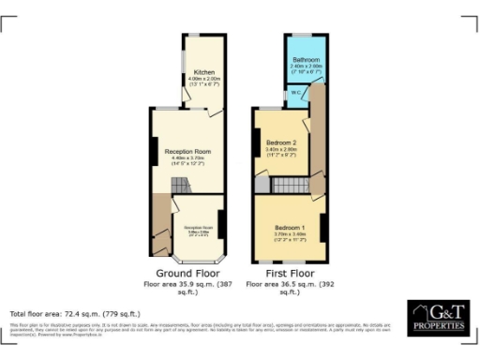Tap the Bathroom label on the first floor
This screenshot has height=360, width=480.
click(x=306, y=59)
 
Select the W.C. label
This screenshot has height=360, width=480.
click(x=295, y=92)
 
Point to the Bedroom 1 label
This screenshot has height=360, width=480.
click(x=290, y=228)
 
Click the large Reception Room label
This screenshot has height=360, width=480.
click(x=187, y=152)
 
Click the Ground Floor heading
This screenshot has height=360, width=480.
click(x=187, y=273)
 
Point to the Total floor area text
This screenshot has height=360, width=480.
click(x=75, y=313)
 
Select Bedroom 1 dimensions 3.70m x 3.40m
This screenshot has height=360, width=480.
click(x=290, y=237)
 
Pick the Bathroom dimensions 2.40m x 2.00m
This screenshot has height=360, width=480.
click(x=306, y=68)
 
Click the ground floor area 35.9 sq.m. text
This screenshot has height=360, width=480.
click(x=187, y=285)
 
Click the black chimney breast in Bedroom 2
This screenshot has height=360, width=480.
click(x=256, y=143)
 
